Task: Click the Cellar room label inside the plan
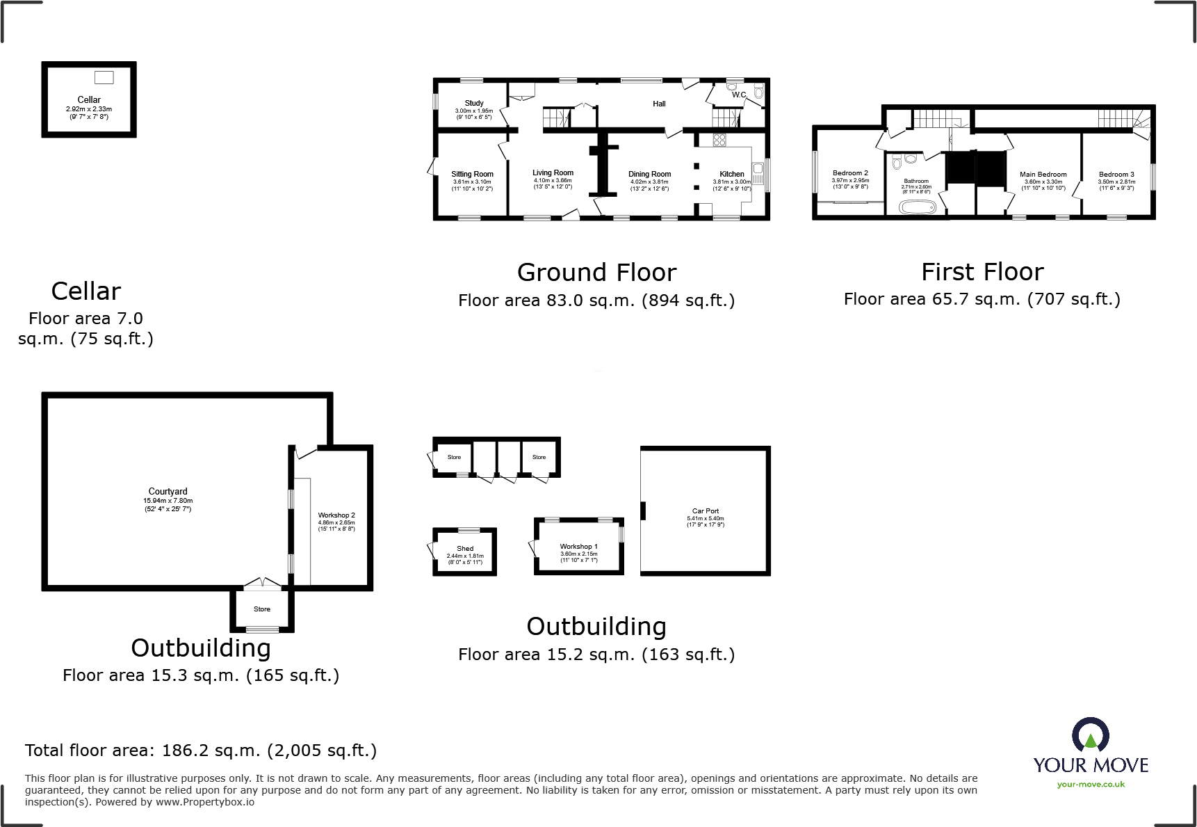pyautogui.click(x=89, y=99)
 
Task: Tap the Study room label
pyautogui.click(x=474, y=103)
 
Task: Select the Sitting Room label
pyautogui.click(x=472, y=174)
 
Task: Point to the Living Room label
pyautogui.click(x=553, y=172)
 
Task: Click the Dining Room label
pyautogui.click(x=649, y=174)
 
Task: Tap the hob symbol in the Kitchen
pyautogui.click(x=719, y=140)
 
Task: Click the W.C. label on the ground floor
pyautogui.click(x=738, y=95)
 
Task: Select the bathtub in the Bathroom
pyautogui.click(x=919, y=207)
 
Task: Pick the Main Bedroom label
pyautogui.click(x=1043, y=175)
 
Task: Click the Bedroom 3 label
pyautogui.click(x=1116, y=175)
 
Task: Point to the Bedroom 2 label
pyautogui.click(x=850, y=173)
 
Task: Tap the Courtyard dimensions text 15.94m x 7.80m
pyautogui.click(x=168, y=500)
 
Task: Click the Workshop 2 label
pyautogui.click(x=336, y=515)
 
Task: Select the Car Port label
pyautogui.click(x=705, y=511)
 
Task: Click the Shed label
pyautogui.click(x=465, y=548)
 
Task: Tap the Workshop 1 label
pyautogui.click(x=578, y=546)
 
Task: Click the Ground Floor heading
pyautogui.click(x=596, y=272)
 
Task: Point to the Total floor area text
pyautogui.click(x=201, y=750)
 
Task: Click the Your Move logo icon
pyautogui.click(x=1090, y=736)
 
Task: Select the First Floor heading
pyautogui.click(x=982, y=271)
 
